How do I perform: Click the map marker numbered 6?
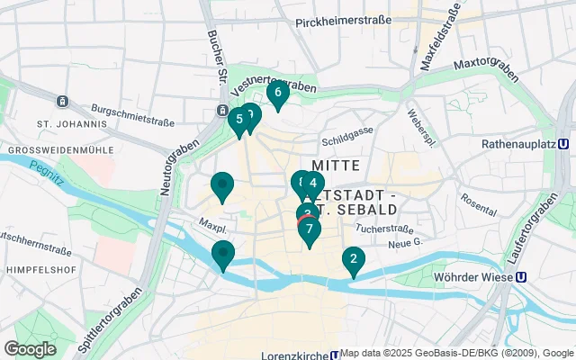[277, 93]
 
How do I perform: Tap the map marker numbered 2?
[353, 262]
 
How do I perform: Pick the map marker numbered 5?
[238, 120]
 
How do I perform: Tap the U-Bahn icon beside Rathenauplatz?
[562, 143]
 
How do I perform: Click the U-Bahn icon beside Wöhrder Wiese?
[520, 277]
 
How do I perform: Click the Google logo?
[30, 349]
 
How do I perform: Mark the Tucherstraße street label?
[382, 229]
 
